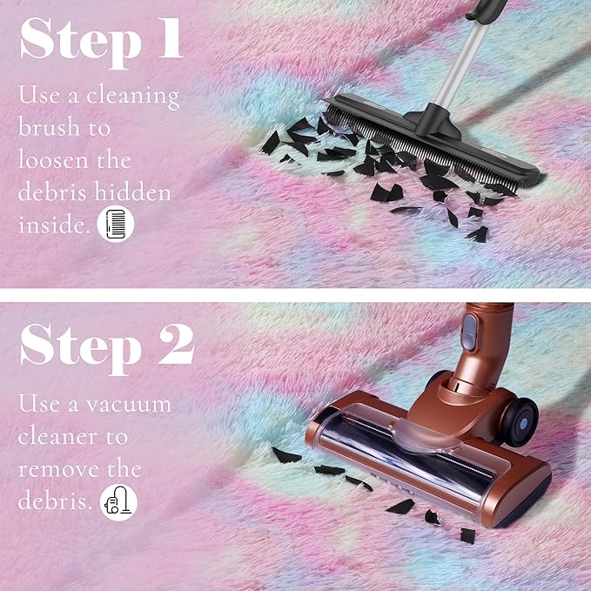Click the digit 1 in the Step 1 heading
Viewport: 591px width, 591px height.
coord(171,38)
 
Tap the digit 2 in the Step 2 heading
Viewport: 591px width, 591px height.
coord(177,345)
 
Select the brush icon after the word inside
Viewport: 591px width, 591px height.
coord(116,224)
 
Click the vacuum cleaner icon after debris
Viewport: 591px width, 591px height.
coord(118,502)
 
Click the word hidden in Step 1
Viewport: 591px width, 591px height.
coord(132,191)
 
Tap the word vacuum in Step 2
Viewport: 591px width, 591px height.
coord(129,406)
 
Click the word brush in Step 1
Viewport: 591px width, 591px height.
coord(49,126)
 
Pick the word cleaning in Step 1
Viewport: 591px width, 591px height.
coord(132,97)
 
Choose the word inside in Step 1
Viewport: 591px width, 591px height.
coord(54,225)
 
